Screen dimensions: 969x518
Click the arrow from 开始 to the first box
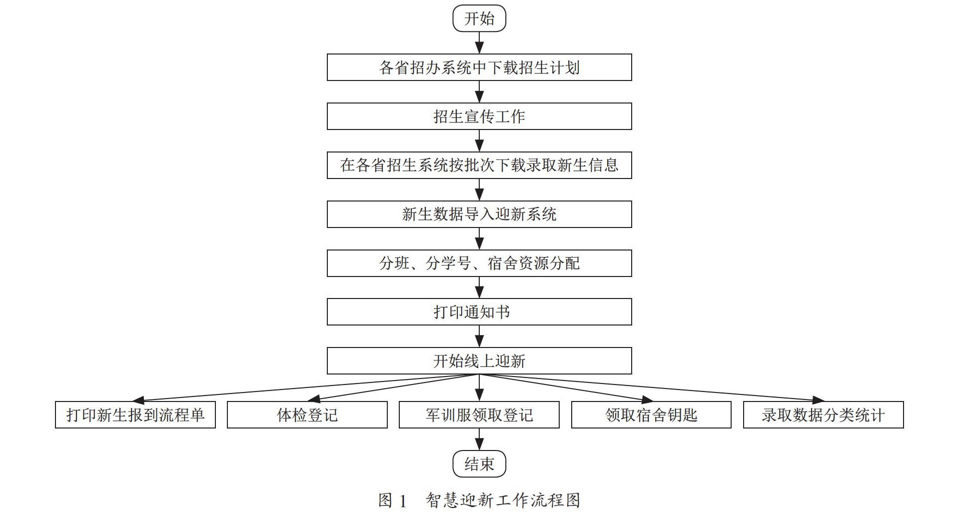(479, 43)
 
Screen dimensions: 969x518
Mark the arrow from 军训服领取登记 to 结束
(479, 439)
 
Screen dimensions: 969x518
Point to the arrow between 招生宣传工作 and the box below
(479, 141)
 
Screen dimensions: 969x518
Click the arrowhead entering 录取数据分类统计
(818, 400)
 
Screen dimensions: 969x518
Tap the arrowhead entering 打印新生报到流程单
(138, 400)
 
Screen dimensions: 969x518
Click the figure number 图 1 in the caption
(393, 500)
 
